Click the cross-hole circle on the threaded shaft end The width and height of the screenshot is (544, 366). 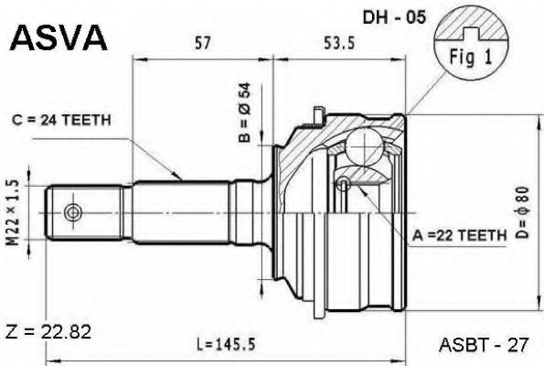pyautogui.click(x=72, y=213)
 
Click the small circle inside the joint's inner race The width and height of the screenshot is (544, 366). pyautogui.click(x=343, y=186)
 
